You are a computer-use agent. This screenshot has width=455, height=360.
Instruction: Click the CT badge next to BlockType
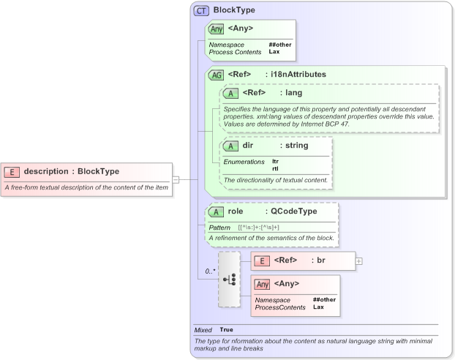pos(201,11)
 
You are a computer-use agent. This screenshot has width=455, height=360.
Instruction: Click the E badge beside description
pos(12,171)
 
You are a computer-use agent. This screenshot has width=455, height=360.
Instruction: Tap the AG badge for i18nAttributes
pos(216,75)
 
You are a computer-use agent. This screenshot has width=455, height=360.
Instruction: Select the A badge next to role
pos(216,211)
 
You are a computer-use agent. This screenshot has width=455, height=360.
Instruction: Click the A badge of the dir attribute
pos(230,146)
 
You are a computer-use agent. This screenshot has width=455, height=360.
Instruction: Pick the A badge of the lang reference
pos(230,93)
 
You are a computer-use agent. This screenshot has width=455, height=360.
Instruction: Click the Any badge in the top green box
pos(216,29)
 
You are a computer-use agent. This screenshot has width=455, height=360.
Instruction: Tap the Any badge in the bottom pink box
pos(261,284)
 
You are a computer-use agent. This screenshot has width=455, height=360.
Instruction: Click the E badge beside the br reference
pos(261,260)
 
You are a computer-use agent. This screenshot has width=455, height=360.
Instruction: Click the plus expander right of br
pos(358,260)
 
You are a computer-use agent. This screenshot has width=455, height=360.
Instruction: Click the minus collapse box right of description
pos(176,178)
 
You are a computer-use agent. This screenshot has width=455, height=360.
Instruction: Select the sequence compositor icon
pos(229,280)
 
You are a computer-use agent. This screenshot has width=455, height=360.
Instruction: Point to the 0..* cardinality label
pos(209,271)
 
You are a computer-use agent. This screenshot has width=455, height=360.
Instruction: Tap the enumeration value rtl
pos(275,168)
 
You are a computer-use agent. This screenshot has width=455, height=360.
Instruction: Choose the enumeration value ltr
pos(275,161)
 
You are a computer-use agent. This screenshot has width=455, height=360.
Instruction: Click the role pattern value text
pos(258,228)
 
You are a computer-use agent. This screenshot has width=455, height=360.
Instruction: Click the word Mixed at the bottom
pos(203,330)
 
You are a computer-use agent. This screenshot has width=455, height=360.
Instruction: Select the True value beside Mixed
pos(227,330)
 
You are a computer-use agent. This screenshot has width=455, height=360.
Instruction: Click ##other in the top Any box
pos(279,45)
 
